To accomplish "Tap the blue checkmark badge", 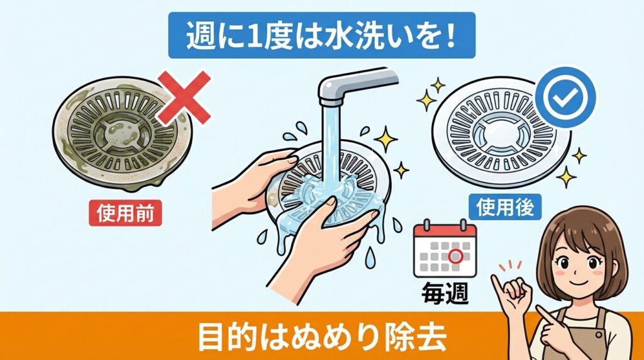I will coord(568,95).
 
